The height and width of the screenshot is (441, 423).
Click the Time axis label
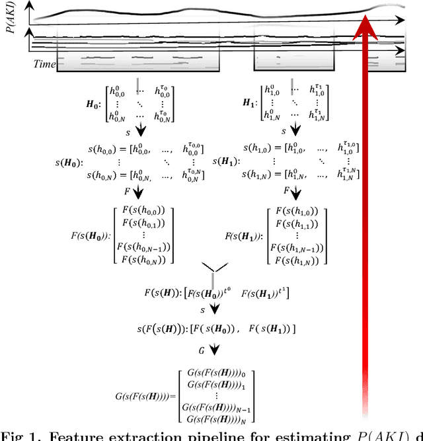click(x=45, y=63)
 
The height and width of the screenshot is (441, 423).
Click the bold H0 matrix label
click(x=95, y=104)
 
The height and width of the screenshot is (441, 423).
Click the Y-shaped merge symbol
click(x=211, y=268)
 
